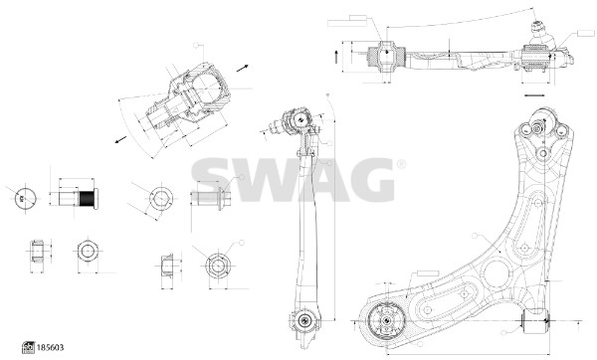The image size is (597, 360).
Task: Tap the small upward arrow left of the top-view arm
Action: click(338, 57)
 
